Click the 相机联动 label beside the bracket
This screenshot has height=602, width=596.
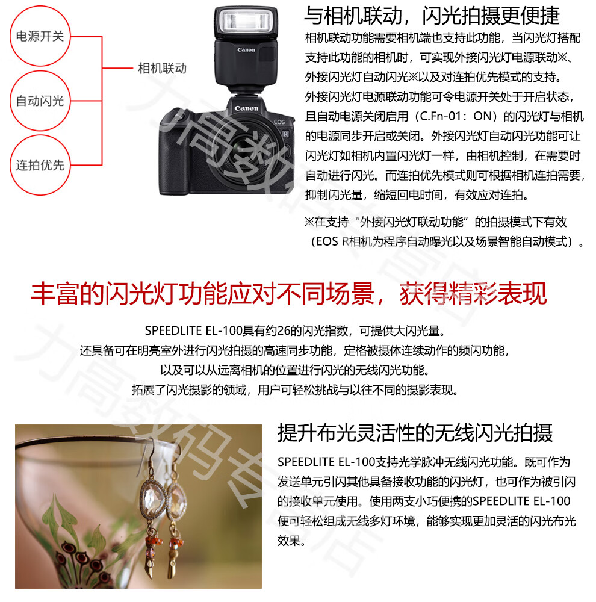(162, 69)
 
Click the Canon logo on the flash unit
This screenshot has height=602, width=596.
(246, 49)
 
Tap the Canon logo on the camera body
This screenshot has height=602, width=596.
(246, 108)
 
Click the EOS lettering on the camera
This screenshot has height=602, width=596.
(279, 122)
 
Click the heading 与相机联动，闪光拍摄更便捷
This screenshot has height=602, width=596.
(432, 16)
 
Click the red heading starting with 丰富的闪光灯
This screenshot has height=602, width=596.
(288, 294)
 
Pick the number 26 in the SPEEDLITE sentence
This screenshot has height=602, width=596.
(284, 330)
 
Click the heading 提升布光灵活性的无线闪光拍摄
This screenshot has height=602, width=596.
(415, 433)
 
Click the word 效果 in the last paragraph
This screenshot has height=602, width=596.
(289, 541)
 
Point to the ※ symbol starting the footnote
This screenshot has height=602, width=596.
(309, 222)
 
